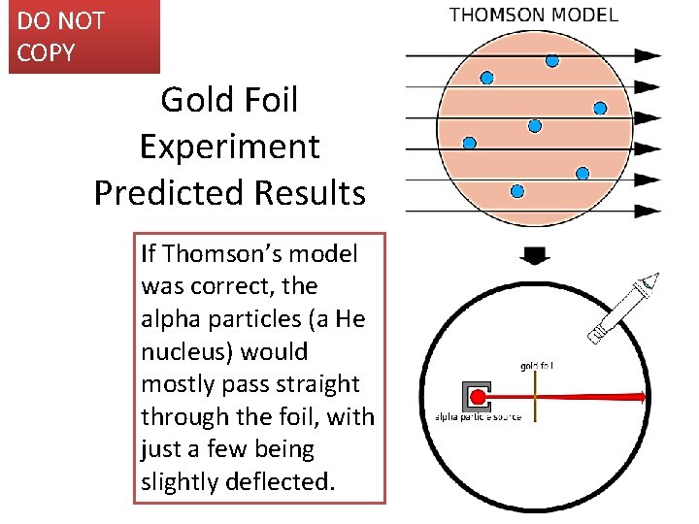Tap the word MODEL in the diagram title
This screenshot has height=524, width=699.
pyautogui.click(x=583, y=15)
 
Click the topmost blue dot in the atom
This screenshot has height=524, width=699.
pyautogui.click(x=552, y=60)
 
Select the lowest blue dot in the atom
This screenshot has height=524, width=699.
pyautogui.click(x=517, y=190)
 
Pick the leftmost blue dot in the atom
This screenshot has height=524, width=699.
pyautogui.click(x=470, y=143)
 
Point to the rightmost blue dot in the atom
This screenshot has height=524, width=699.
pyautogui.click(x=600, y=108)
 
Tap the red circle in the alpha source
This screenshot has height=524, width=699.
pyautogui.click(x=478, y=396)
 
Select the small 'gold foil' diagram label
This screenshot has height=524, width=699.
pyautogui.click(x=537, y=366)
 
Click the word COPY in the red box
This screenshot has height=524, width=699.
pyautogui.click(x=46, y=52)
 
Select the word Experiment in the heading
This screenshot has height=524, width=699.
pyautogui.click(x=229, y=147)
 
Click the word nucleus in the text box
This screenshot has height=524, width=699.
pyautogui.click(x=176, y=351)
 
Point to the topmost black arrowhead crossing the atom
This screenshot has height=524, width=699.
pyautogui.click(x=647, y=56)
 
